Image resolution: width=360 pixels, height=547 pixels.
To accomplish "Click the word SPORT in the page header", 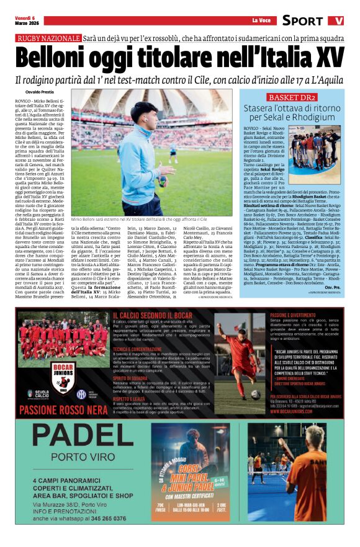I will pyautogui.click(x=302, y=20).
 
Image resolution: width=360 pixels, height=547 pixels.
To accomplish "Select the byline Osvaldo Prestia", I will pyautogui.click(x=30, y=92).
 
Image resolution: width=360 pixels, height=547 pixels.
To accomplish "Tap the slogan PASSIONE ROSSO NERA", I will pyautogui.click(x=60, y=409).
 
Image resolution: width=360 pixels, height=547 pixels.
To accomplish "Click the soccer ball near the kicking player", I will pyautogui.click(x=256, y=394).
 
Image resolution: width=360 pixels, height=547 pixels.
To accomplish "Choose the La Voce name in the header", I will pyautogui.click(x=261, y=20).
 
